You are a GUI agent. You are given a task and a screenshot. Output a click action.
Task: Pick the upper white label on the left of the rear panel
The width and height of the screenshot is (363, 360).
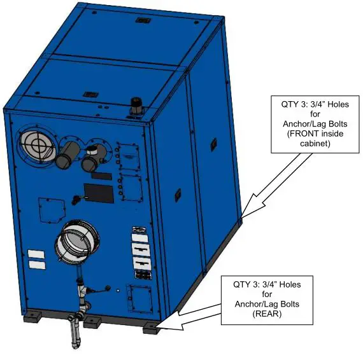coord(37,254)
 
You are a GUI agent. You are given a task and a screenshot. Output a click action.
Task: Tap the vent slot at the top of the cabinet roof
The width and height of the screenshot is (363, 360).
coord(142,21)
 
